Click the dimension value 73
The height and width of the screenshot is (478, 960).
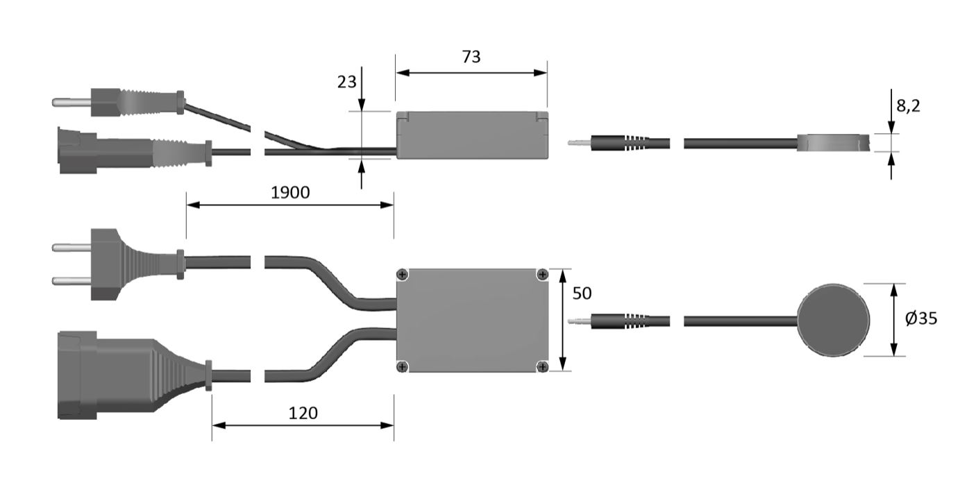point(471,56)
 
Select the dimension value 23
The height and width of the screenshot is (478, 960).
point(346,82)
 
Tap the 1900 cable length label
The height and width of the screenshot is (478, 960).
point(290,193)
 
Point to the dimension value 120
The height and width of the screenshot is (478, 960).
point(303,413)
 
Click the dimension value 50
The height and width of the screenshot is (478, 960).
point(582,293)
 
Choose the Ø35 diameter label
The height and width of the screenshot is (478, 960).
point(921,318)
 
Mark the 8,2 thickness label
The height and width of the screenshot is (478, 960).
point(908,105)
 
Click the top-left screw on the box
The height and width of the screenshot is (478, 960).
point(402,274)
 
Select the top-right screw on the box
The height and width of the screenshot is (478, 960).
point(543,274)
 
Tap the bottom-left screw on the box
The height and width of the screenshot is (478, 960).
point(402,366)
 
